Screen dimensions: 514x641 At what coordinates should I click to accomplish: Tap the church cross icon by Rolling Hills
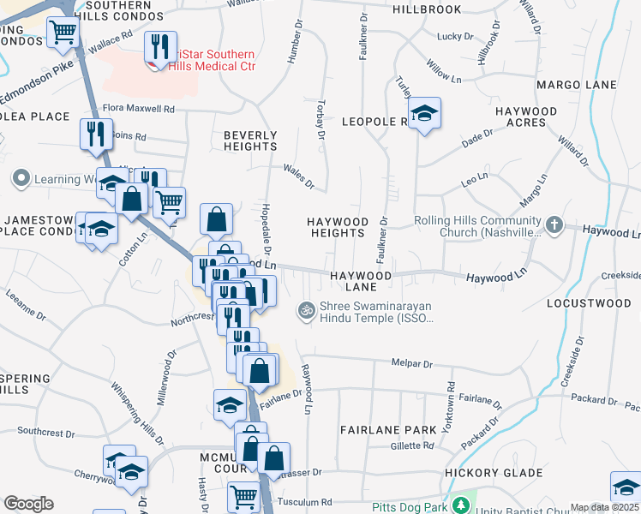[x=554, y=225]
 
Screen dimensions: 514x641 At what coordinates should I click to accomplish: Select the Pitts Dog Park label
[x=410, y=507]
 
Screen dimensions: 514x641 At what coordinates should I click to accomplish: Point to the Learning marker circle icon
[x=21, y=179]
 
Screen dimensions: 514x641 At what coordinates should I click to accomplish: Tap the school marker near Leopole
[x=422, y=114]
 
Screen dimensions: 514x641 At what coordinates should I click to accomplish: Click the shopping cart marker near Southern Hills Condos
[x=63, y=33]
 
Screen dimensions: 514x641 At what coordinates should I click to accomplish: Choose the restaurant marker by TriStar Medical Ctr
[x=158, y=45]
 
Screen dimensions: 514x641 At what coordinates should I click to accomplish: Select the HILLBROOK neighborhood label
[x=427, y=9]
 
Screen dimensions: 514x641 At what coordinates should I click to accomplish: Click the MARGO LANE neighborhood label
[x=577, y=85]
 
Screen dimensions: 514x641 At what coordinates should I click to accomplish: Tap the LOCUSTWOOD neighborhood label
[x=589, y=303]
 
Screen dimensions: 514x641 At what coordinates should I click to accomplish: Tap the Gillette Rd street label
[x=412, y=445]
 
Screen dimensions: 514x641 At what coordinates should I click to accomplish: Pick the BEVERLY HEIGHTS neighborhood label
[x=250, y=141]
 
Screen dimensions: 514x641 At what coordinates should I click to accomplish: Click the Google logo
[x=28, y=504]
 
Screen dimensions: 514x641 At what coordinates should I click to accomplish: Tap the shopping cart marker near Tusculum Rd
[x=244, y=496]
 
